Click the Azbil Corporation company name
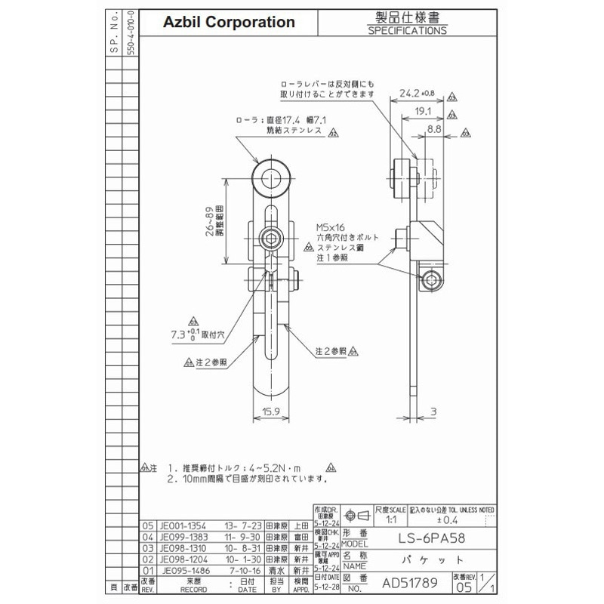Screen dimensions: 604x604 click(230, 23)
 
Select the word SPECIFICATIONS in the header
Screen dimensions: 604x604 click(407, 31)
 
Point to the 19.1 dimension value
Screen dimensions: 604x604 click(424, 112)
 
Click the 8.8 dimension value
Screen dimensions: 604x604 click(435, 130)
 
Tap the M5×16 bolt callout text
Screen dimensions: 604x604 click(332, 226)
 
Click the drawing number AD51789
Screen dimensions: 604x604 click(411, 583)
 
